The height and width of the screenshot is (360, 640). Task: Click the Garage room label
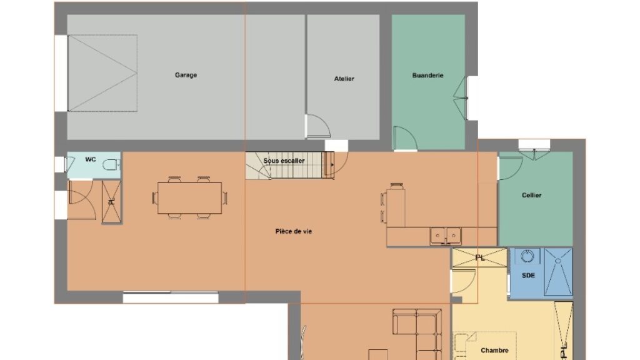click(x=186, y=75)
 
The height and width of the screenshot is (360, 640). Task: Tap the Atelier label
click(x=344, y=79)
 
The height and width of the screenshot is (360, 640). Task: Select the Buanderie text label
click(x=427, y=76)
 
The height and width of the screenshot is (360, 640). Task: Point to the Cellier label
click(x=531, y=195)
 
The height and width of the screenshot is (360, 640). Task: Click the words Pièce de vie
click(x=294, y=231)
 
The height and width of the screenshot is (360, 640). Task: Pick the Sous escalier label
click(x=284, y=161)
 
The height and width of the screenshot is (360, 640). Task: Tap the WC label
click(x=91, y=159)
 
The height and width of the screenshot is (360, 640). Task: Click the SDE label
click(x=528, y=276)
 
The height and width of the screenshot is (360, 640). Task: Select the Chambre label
click(x=494, y=350)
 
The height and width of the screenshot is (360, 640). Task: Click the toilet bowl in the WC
click(x=110, y=165)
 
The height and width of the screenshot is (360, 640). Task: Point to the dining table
click(x=190, y=198)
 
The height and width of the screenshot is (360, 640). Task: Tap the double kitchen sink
click(x=445, y=236)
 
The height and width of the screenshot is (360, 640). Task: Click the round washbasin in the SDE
click(x=527, y=256)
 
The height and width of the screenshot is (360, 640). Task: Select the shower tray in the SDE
click(x=558, y=271)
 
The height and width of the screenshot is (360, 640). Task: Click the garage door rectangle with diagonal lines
click(x=102, y=73)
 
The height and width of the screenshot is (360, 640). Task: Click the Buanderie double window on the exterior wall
click(x=461, y=98)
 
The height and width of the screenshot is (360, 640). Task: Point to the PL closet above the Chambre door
click(x=479, y=257)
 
